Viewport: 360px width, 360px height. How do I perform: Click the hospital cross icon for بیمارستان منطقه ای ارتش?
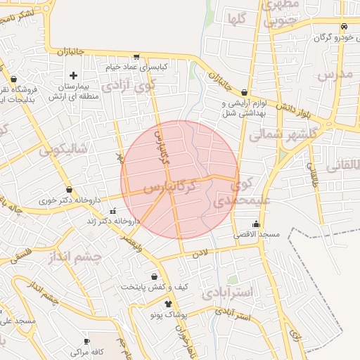click(x=74, y=75)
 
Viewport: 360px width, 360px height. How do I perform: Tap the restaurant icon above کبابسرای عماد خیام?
click(x=136, y=57)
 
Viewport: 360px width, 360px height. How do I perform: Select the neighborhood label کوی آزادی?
click(x=127, y=86)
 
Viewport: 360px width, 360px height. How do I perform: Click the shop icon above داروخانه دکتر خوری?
click(x=69, y=189)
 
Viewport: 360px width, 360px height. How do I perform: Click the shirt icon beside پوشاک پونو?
click(x=168, y=304)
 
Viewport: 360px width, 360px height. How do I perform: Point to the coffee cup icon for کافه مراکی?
click(x=67, y=350)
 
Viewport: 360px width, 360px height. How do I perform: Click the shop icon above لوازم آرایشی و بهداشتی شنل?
click(x=243, y=92)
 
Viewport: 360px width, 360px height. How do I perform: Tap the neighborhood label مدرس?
click(x=334, y=75)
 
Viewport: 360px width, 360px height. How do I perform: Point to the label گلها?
click(x=237, y=19)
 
